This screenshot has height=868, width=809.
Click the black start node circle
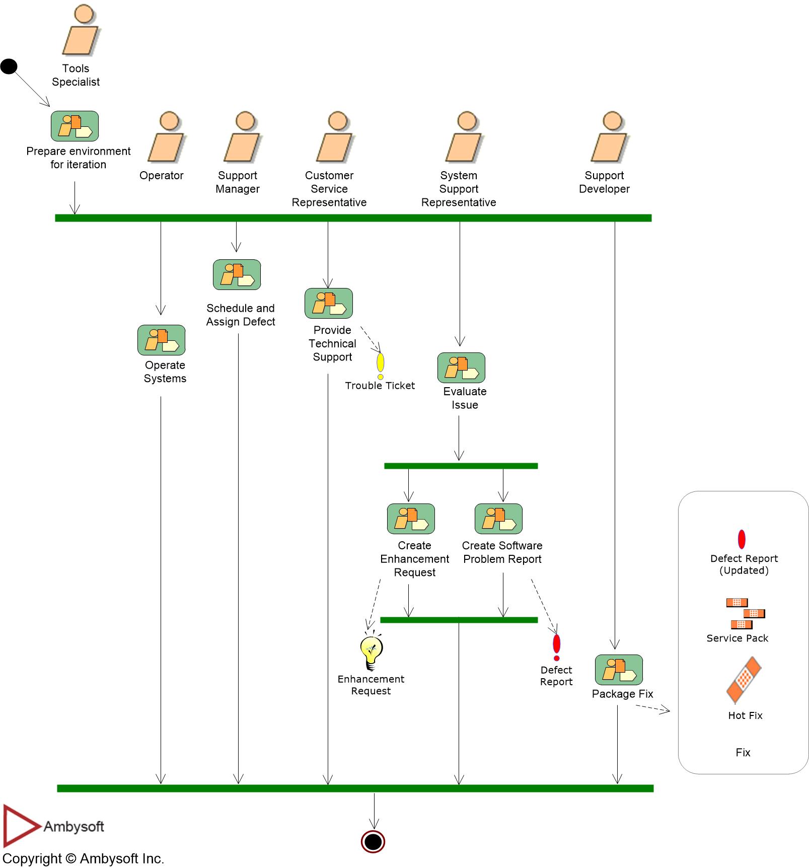pos(9,66)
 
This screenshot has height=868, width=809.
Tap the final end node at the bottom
pos(373,841)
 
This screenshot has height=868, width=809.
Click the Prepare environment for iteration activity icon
pos(75,126)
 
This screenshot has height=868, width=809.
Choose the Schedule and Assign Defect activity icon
pos(237,274)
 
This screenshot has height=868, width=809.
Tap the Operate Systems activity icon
pos(161,340)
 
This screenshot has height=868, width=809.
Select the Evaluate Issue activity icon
pos(461,368)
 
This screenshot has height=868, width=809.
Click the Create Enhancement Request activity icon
pos(411,519)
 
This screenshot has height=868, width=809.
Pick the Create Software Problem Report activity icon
pos(498,519)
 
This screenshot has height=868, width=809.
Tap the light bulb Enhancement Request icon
pos(372,653)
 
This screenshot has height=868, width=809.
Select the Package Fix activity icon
pos(619,670)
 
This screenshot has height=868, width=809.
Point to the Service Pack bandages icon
pos(745,613)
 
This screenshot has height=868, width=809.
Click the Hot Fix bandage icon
pos(744,680)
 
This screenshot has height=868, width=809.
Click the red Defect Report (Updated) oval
pos(742,539)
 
